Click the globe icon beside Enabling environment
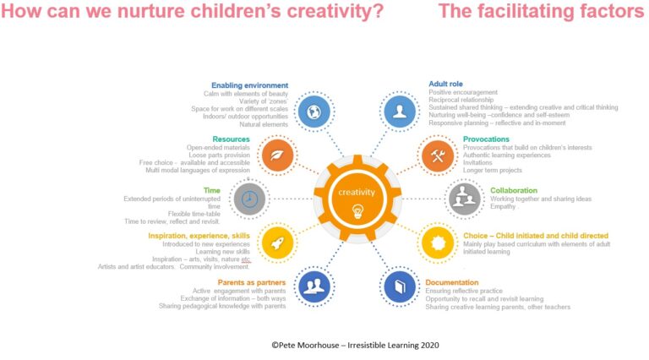[x=314, y=111]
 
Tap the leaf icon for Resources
[x=278, y=154]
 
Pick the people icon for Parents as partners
[x=314, y=286]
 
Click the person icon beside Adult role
[x=396, y=111]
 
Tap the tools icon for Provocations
[x=437, y=154]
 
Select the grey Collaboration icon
[x=463, y=199]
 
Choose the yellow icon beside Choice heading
[x=437, y=243]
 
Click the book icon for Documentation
[x=396, y=286]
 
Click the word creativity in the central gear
[x=357, y=192]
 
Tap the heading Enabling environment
[x=249, y=85]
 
